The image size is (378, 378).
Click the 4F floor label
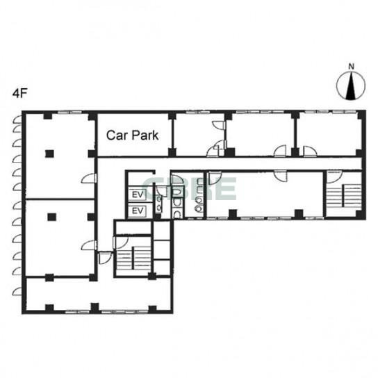(x=19, y=93)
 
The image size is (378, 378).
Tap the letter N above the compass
(x=352, y=66)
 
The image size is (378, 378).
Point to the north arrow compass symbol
(x=351, y=85)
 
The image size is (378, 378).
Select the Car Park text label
(x=132, y=135)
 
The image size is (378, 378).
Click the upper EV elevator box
(x=138, y=195)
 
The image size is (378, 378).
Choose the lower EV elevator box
(x=138, y=211)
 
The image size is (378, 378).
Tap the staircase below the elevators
(x=133, y=258)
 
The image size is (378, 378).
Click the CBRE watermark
(x=189, y=188)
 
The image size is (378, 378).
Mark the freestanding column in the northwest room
(x=49, y=154)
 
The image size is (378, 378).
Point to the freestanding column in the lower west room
(x=51, y=217)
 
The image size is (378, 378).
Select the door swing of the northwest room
(x=89, y=178)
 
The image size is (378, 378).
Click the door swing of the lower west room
(x=89, y=245)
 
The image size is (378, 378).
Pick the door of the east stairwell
(x=334, y=177)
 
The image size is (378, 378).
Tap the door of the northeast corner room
(x=311, y=151)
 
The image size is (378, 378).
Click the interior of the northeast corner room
(x=329, y=134)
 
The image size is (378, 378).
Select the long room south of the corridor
(x=265, y=194)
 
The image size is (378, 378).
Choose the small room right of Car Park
(x=199, y=134)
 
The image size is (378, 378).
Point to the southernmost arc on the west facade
(x=17, y=291)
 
